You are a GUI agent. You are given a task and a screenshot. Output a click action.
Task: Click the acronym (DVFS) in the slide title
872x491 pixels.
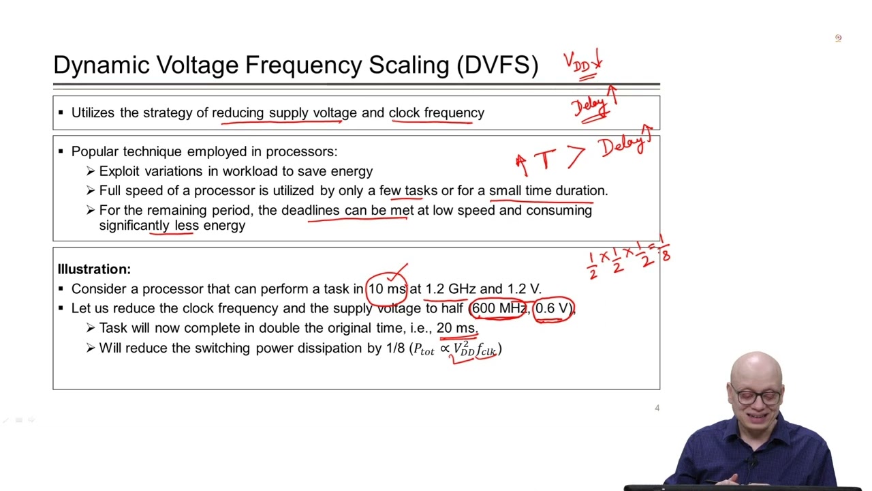coord(498,65)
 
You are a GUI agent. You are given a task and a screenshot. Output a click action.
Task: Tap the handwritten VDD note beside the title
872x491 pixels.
coord(582,63)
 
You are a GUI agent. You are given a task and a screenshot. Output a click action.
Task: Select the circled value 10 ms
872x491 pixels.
coord(386,289)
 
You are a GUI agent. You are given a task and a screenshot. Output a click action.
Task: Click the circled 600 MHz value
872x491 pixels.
coord(499,309)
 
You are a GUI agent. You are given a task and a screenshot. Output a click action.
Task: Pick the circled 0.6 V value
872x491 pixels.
coord(552,309)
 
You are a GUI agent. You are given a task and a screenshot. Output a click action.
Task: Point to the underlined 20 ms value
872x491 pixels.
coord(456,328)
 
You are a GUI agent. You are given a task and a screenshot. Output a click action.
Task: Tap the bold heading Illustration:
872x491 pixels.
coord(94,269)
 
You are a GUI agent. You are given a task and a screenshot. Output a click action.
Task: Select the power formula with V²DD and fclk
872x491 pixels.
coord(457,349)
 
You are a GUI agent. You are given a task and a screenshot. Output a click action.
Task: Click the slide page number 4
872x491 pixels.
coord(657,408)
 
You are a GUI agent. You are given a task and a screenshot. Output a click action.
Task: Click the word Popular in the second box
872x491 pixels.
coord(93,151)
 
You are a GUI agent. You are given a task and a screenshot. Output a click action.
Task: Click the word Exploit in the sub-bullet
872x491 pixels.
coord(120,171)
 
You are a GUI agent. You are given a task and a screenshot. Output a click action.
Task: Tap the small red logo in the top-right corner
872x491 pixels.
coord(838,38)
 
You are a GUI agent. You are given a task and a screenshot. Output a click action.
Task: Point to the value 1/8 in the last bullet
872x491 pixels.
coord(395,348)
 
